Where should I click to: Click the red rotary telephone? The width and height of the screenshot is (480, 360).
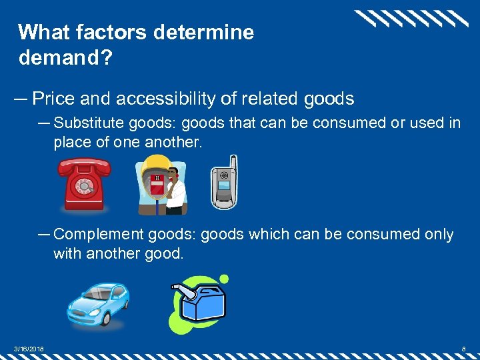coord(83,185)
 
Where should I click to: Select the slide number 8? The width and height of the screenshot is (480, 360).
coord(463,348)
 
